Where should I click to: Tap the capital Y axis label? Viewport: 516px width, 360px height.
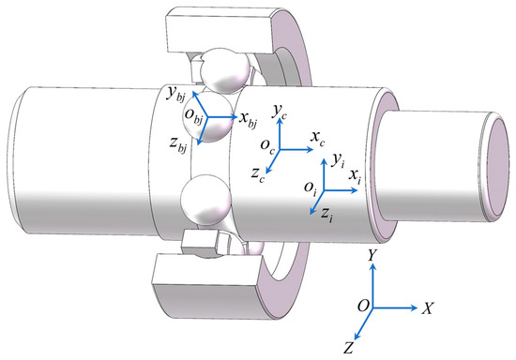(374, 253)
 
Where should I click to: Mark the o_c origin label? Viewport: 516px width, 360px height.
(267, 146)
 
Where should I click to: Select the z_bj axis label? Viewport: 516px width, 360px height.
(173, 143)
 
